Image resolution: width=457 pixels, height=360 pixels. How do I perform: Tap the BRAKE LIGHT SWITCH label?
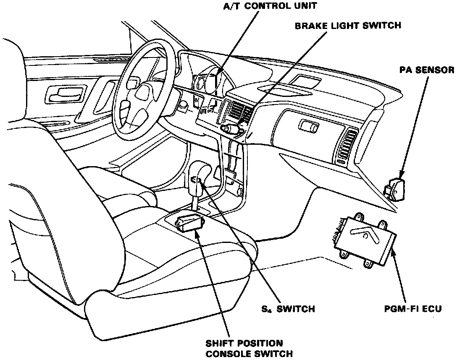coord(348,26)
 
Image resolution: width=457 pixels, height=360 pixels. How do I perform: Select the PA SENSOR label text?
coord(427,70)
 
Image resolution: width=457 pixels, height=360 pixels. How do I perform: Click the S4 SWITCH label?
coord(288,309)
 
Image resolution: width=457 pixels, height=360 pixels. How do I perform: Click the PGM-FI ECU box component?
coord(365,238)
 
